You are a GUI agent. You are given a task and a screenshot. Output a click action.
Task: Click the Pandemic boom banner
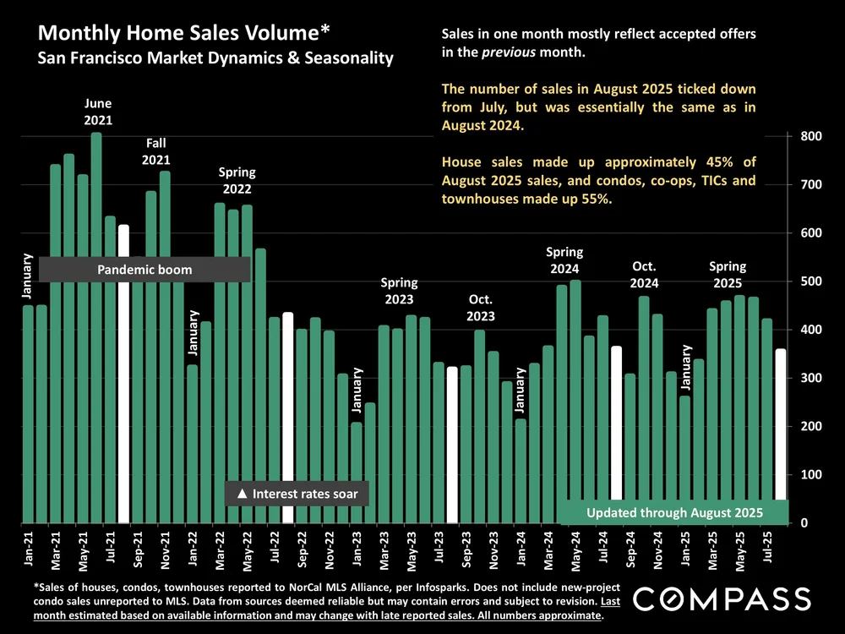[x=144, y=270]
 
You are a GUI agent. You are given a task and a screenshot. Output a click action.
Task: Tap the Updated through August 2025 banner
[x=674, y=512]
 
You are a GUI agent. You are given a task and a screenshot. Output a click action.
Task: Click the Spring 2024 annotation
[x=564, y=260]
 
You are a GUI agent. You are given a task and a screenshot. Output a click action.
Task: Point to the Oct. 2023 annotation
[x=482, y=309]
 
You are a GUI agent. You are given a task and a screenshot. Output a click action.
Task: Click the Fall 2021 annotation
[x=156, y=151]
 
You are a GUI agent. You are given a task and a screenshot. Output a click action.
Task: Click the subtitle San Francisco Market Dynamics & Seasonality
[x=215, y=58]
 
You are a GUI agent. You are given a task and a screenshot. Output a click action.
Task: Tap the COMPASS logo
[x=722, y=599]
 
